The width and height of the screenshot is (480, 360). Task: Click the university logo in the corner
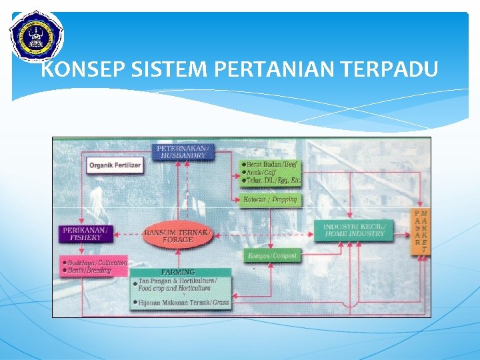point(36,35)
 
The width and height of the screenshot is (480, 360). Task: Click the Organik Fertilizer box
point(115,165)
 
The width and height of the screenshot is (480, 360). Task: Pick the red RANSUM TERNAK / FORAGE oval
point(178,235)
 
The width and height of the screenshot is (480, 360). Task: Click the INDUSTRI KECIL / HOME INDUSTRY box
point(354,230)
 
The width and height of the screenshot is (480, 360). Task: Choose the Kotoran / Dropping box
point(270,199)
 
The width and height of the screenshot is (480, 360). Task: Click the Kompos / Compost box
point(272,255)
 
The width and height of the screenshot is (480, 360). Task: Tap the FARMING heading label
point(178,272)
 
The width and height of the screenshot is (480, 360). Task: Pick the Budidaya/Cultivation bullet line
point(97,263)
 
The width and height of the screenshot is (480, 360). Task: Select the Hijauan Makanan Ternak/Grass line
point(183,303)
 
